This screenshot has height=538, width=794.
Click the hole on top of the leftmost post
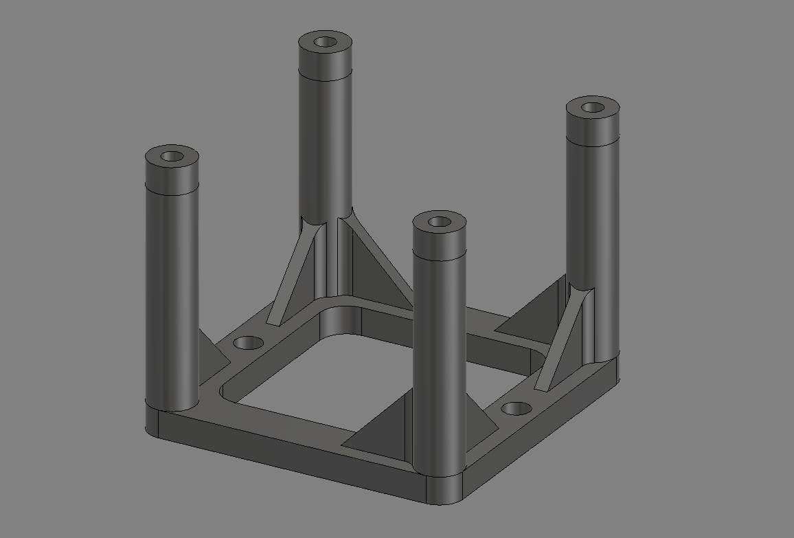pyautogui.click(x=172, y=157)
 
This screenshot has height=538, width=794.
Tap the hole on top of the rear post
pyautogui.click(x=325, y=42)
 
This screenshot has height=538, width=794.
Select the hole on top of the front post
pyautogui.click(x=440, y=222)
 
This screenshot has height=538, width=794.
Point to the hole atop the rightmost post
pyautogui.click(x=592, y=107)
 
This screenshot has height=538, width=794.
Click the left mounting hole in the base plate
pyautogui.click(x=249, y=342)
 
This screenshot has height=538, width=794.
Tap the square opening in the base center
pyautogui.click(x=323, y=385)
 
